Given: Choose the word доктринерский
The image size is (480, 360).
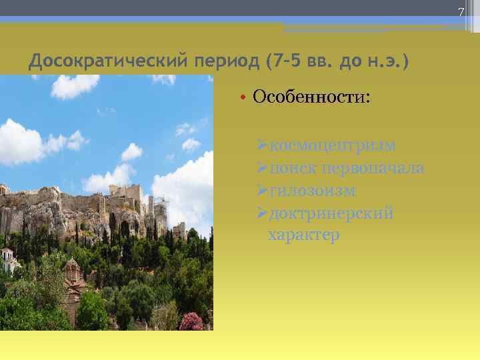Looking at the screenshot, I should coord(330,213).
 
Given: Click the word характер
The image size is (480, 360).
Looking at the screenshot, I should coord(303,235).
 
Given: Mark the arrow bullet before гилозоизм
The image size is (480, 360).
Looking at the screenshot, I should coord(261,191).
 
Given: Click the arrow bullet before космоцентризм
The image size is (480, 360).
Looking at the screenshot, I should coord(261,145).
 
